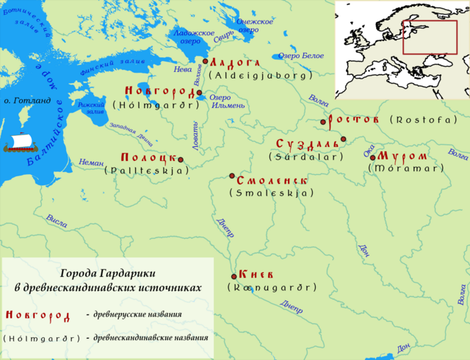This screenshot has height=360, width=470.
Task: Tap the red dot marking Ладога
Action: pos(206,62)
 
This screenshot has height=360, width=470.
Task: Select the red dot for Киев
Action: pos(234,276)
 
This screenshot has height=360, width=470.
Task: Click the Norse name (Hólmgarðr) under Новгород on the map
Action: pos(156,105)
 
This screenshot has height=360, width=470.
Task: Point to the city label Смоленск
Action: pos(273,181)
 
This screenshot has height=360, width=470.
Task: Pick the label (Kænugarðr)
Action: pos(272,287)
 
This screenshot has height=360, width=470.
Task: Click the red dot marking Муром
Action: pos(372,157)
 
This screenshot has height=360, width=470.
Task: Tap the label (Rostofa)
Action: pos(423,119)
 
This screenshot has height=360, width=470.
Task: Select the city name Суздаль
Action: pos(308,143)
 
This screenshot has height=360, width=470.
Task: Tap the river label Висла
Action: pos(56,220)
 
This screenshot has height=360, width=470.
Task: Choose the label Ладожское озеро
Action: pos(194,37)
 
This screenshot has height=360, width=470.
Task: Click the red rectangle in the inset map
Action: pos(430,37)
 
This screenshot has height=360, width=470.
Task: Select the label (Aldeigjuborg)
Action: pos(261,75)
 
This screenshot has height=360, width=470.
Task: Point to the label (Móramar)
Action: pos(406,168)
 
